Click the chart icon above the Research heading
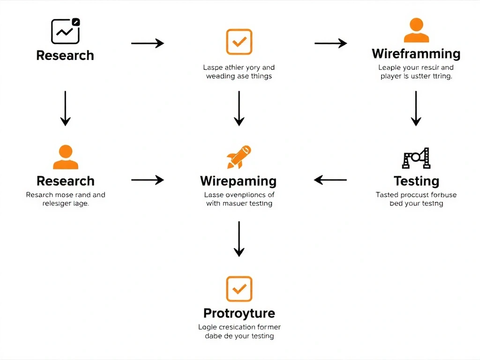(x=65, y=31)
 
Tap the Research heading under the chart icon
(x=65, y=55)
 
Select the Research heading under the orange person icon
(x=65, y=181)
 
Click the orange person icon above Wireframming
(x=416, y=31)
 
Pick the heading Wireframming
(x=416, y=53)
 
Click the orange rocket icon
(x=239, y=157)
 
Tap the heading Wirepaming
(x=238, y=181)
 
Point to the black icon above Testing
(x=416, y=158)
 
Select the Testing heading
(x=416, y=181)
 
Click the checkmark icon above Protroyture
(x=239, y=289)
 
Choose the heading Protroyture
(x=239, y=313)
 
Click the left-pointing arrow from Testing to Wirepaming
(x=330, y=180)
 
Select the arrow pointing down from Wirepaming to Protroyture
(x=239, y=239)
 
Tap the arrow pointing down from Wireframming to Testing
(x=416, y=108)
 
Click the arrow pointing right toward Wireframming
(x=330, y=44)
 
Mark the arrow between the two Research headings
(x=65, y=108)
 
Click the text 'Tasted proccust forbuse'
(x=416, y=195)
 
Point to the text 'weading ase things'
(x=239, y=76)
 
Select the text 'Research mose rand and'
(x=66, y=195)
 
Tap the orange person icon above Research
(x=66, y=157)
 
